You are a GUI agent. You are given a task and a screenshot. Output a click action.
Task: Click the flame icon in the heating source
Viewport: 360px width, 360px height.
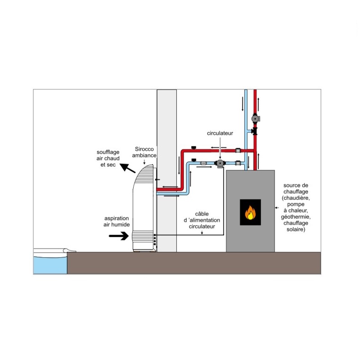[x=250, y=212]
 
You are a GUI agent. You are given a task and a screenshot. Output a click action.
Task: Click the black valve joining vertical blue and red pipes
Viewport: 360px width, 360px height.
[x=255, y=131]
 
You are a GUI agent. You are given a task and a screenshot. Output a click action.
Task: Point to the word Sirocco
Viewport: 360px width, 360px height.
[x=145, y=148]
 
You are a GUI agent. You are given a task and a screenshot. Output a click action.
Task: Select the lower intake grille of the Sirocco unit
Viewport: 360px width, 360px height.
[x=143, y=236]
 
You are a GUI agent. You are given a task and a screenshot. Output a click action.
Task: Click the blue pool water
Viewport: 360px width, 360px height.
[x=49, y=264]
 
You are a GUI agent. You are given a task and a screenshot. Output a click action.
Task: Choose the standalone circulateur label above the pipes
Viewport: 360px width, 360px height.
[x=220, y=134]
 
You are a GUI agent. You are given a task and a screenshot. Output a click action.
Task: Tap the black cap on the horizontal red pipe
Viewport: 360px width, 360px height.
[x=193, y=148]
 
